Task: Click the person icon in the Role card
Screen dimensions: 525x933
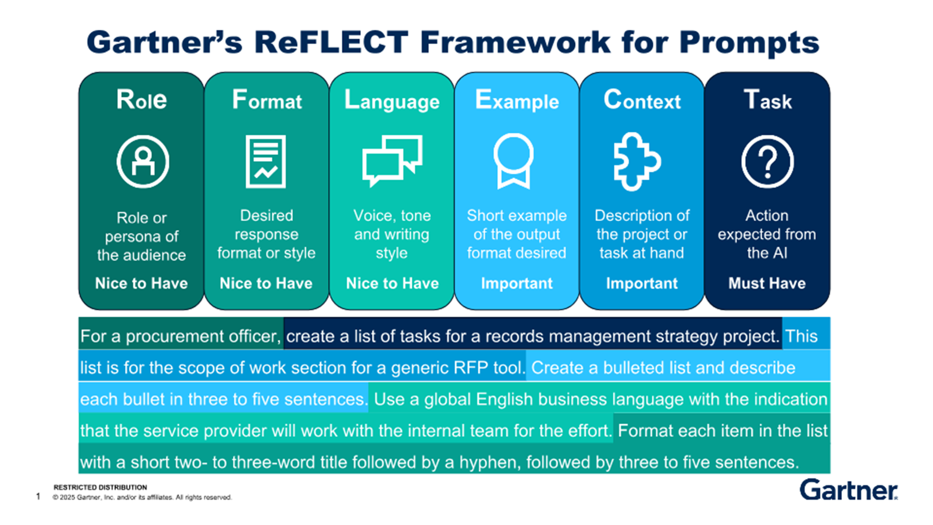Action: coord(143,161)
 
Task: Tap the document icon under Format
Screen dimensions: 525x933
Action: coord(266,161)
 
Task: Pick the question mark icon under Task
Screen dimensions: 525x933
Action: coord(767,161)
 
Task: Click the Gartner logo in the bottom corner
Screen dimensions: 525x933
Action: coord(848,490)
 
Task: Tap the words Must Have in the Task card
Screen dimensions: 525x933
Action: coord(767,283)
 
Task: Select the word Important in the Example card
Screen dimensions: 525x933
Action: coord(517,283)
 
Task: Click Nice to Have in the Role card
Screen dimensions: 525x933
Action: coord(141,283)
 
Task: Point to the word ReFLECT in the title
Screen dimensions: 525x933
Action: coord(331,42)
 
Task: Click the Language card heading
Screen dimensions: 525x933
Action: coord(392,100)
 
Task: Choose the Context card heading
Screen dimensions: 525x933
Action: coord(642,100)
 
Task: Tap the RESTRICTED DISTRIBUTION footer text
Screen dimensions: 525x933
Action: coord(100,487)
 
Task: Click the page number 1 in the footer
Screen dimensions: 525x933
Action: coord(38,496)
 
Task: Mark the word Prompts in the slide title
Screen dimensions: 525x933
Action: coord(749,42)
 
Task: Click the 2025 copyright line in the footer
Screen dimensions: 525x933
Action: coord(142,497)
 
